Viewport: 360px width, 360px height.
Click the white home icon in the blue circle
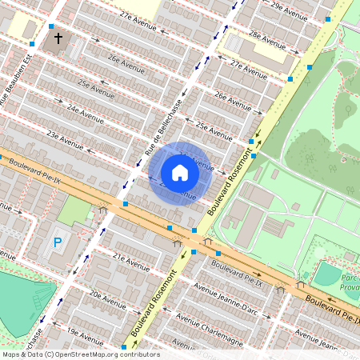180,172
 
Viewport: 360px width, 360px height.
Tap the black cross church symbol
57,38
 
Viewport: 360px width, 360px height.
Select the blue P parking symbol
57,242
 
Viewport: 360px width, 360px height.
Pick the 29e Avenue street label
288,9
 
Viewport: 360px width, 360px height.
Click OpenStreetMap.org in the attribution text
93,354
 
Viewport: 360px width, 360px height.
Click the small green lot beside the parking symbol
76,210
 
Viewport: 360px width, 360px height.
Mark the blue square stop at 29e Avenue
328,18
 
